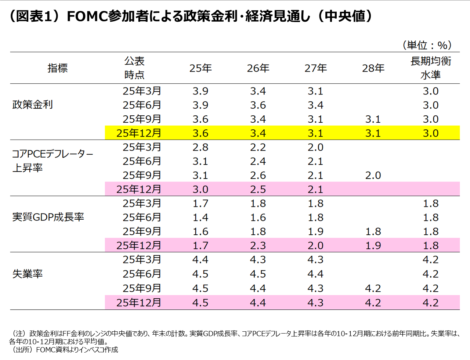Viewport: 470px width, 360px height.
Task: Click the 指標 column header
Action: [x=58, y=68]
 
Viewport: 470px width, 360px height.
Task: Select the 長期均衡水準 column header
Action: [x=430, y=68]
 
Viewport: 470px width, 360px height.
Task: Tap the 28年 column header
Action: [x=373, y=68]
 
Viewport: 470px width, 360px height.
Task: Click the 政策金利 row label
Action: [x=33, y=105]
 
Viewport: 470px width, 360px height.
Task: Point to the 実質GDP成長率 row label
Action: [x=48, y=217]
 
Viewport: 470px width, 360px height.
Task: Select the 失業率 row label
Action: [x=28, y=274]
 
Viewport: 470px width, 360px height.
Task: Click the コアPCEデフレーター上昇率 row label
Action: [x=52, y=161]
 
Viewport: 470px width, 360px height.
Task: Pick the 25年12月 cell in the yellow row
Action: [x=139, y=133]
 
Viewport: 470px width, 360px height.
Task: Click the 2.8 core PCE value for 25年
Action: [x=200, y=147]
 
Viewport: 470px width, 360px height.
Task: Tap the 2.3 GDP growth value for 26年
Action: [x=258, y=245]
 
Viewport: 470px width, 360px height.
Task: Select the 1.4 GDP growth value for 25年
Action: [x=200, y=217]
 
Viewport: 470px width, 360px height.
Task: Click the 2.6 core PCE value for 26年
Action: [x=258, y=176]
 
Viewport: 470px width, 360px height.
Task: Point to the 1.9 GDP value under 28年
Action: [x=373, y=245]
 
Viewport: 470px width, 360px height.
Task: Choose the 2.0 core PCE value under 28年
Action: [x=373, y=176]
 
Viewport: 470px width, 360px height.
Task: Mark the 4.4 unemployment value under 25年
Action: [x=200, y=260]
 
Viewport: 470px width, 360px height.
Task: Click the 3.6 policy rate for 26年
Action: [x=258, y=105]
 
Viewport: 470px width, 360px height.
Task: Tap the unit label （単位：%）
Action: [x=427, y=45]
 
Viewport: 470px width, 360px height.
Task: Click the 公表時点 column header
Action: [x=134, y=68]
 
